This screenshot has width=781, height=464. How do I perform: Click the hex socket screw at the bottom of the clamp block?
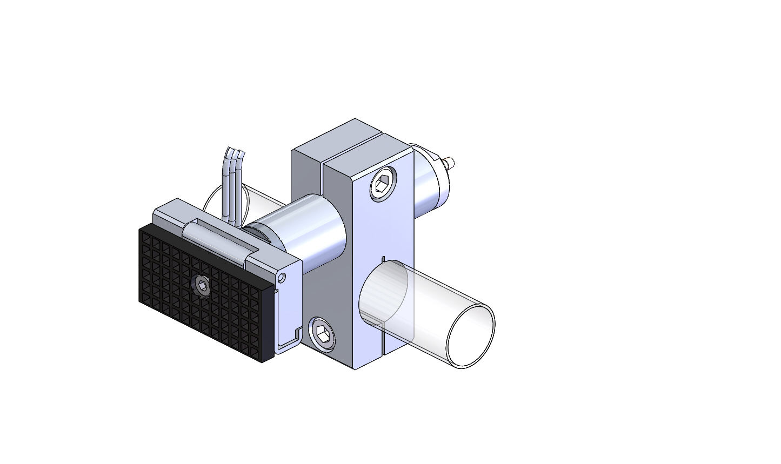click(x=321, y=334)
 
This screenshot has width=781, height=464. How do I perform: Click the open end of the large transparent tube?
click(x=470, y=336)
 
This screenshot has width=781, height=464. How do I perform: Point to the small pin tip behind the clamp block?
click(x=452, y=161)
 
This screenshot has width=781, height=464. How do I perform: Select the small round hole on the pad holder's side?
click(x=281, y=277)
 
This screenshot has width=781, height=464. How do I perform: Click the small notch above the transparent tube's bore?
click(x=382, y=259)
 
